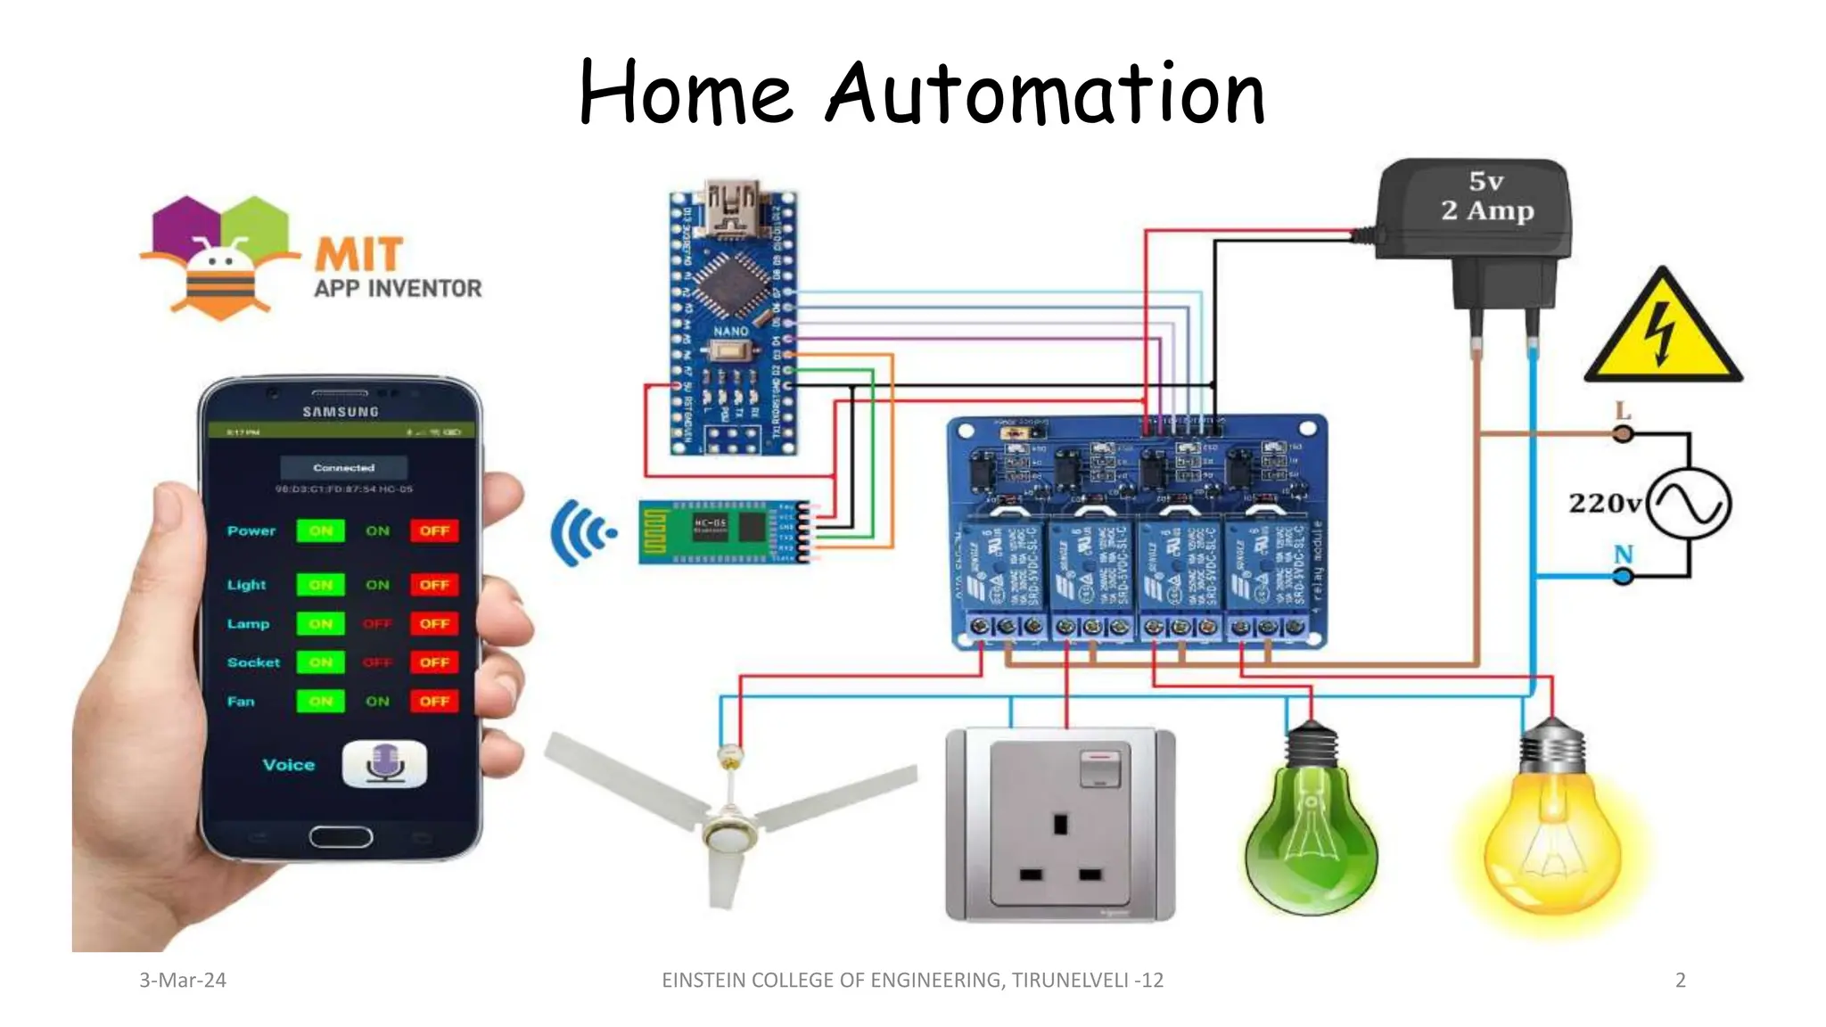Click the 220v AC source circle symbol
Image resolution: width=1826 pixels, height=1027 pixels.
1688,503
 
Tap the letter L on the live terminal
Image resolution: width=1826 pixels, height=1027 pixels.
1623,411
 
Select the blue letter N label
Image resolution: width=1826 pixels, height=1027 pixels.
1623,555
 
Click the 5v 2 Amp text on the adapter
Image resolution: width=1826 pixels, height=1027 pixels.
1486,196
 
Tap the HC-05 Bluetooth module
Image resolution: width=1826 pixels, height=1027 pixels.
722,532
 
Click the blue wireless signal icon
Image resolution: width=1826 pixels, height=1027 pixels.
582,532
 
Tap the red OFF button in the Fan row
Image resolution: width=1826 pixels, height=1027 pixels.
434,702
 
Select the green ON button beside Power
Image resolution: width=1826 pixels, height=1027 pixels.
320,531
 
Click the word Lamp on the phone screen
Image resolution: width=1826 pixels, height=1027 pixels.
248,624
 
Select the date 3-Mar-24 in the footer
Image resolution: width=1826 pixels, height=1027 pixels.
183,981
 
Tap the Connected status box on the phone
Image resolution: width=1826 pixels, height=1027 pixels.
344,468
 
